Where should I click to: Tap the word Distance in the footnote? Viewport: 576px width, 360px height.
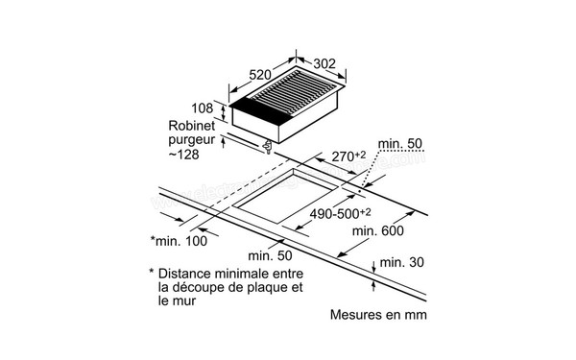[x=190, y=274]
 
